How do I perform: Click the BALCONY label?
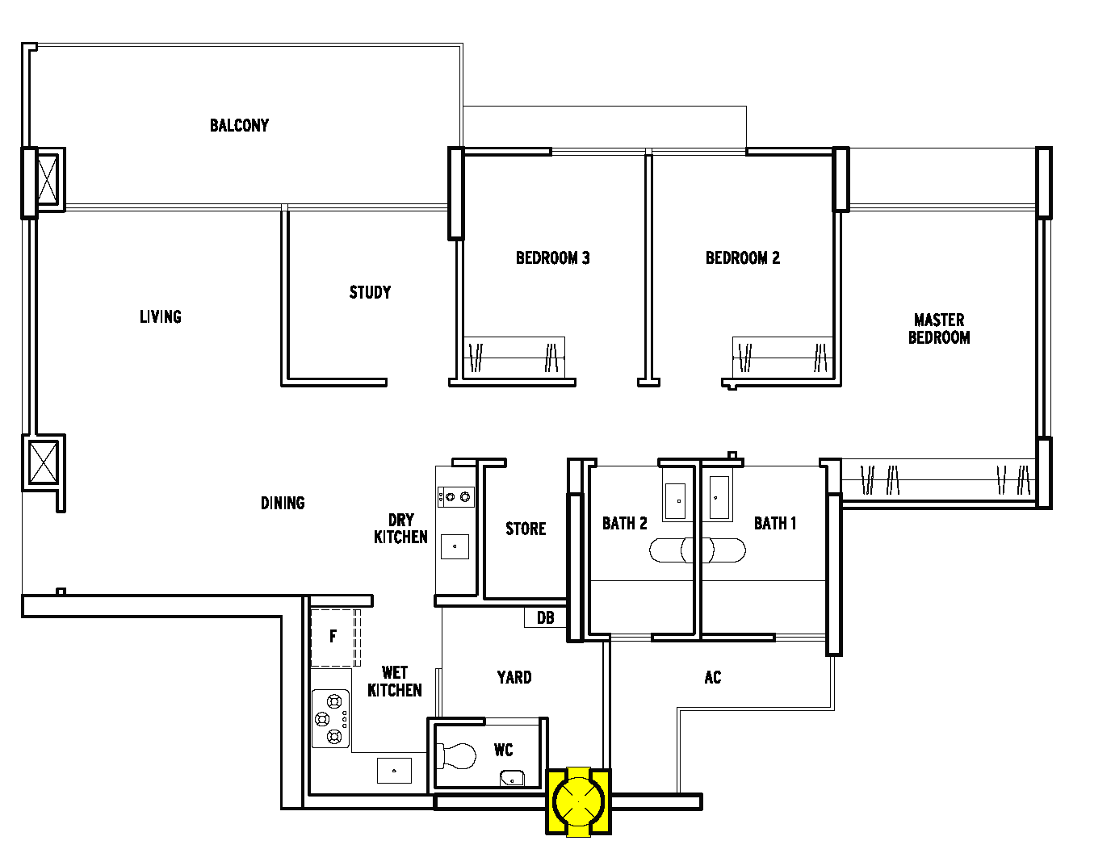pyautogui.click(x=239, y=125)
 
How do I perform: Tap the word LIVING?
pyautogui.click(x=161, y=316)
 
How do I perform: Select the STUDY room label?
pyautogui.click(x=370, y=292)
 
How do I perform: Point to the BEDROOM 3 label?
pyautogui.click(x=553, y=258)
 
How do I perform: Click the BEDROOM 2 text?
pyautogui.click(x=743, y=258)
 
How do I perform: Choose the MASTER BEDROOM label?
pyautogui.click(x=939, y=329)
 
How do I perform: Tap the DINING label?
pyautogui.click(x=283, y=503)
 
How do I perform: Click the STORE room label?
pyautogui.click(x=526, y=529)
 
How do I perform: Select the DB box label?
pyautogui.click(x=545, y=617)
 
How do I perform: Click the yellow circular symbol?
pyautogui.click(x=578, y=802)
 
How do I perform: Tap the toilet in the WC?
pyautogui.click(x=456, y=756)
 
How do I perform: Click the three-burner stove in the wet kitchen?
pyautogui.click(x=330, y=718)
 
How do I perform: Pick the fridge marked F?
pyautogui.click(x=333, y=638)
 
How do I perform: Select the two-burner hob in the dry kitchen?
pyautogui.click(x=456, y=497)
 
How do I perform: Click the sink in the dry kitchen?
pyautogui.click(x=455, y=546)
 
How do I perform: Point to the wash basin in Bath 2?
pyautogui.click(x=675, y=501)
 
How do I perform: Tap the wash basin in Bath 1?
pyautogui.click(x=719, y=497)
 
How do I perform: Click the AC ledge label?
pyautogui.click(x=713, y=677)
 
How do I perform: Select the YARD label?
pyautogui.click(x=514, y=677)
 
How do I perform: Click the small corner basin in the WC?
pyautogui.click(x=512, y=778)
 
